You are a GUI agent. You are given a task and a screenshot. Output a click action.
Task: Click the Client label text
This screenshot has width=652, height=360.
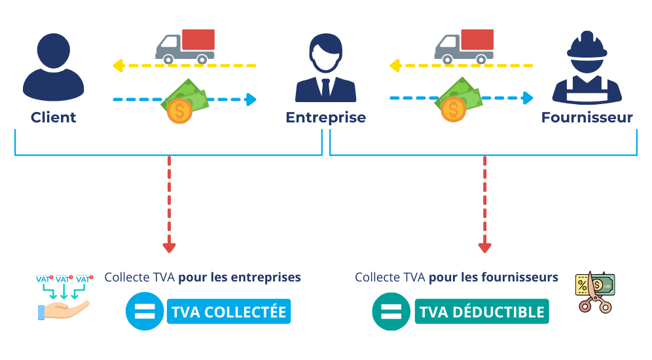pyautogui.click(x=53, y=118)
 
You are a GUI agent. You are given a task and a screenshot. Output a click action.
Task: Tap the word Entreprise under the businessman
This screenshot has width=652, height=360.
pyautogui.click(x=325, y=118)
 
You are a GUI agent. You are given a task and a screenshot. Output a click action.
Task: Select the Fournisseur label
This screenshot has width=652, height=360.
pyautogui.click(x=587, y=118)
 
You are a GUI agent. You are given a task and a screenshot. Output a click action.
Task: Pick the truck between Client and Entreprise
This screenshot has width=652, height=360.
pyautogui.click(x=185, y=46)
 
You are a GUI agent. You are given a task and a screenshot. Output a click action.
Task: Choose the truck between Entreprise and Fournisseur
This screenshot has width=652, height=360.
pyautogui.click(x=464, y=46)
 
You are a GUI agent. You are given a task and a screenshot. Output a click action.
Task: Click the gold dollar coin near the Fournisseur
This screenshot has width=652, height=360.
pyautogui.click(x=452, y=110)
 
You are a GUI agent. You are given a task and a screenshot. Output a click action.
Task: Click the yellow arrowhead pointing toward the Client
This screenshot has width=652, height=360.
pyautogui.click(x=118, y=65)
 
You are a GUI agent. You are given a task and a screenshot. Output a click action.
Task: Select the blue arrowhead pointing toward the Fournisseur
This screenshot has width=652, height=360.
pyautogui.click(x=528, y=98)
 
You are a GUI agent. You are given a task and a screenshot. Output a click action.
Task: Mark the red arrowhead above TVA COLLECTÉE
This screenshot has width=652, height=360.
pyautogui.click(x=169, y=247)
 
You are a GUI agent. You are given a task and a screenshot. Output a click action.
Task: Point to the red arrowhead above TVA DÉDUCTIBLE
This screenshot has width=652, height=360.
pyautogui.click(x=484, y=247)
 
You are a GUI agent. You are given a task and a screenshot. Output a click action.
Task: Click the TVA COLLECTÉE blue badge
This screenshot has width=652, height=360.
pyautogui.click(x=228, y=312)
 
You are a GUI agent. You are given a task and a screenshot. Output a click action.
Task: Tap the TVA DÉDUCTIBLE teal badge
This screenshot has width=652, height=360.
pyautogui.click(x=482, y=312)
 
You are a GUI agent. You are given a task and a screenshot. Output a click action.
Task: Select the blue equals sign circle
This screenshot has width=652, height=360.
pyautogui.click(x=143, y=312)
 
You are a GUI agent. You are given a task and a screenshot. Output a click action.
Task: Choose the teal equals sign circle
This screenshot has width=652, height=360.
pyautogui.click(x=390, y=312)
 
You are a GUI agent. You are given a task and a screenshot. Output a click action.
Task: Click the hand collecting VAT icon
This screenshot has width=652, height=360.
pyautogui.click(x=63, y=298)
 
